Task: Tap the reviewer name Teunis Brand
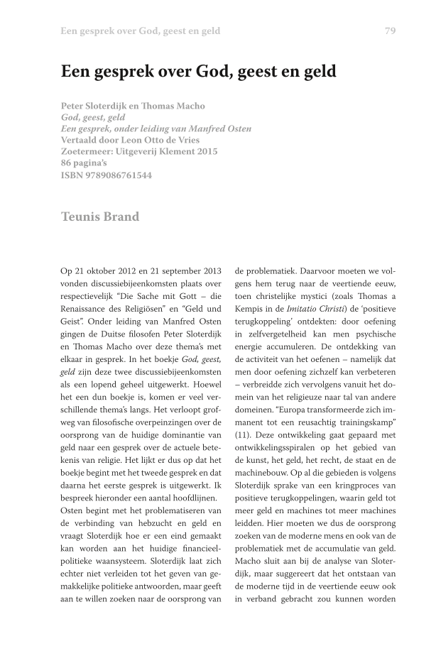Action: click(x=99, y=217)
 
